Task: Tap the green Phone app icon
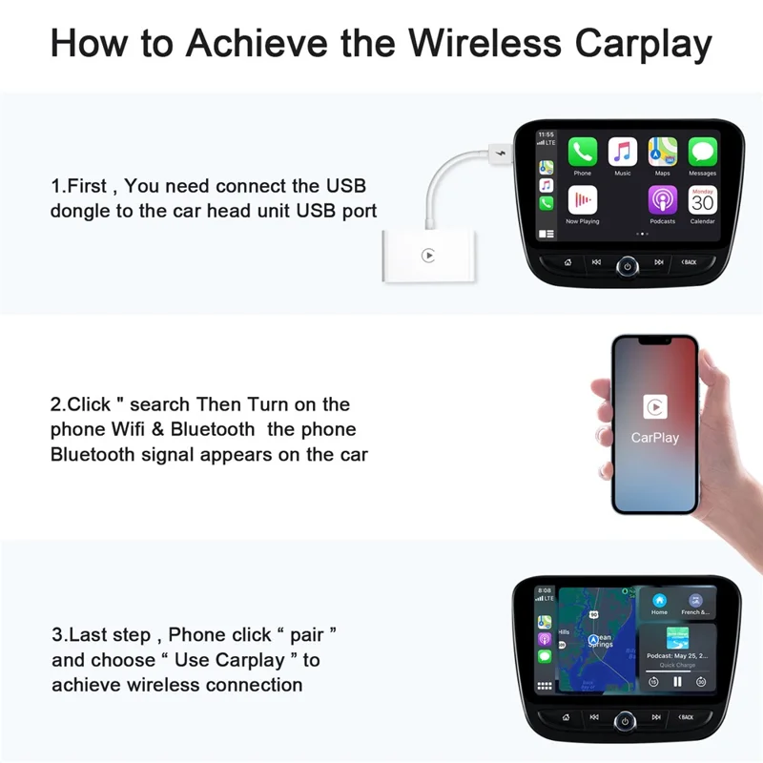582,152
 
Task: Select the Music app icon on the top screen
623,152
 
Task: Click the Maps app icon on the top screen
663,152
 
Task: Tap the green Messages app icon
703,152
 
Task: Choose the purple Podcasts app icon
663,200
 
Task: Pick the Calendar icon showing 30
703,200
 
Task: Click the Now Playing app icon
582,200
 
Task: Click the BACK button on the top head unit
688,262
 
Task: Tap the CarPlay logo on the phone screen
654,407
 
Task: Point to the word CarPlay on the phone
654,438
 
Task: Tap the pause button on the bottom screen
677,682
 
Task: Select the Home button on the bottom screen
659,603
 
